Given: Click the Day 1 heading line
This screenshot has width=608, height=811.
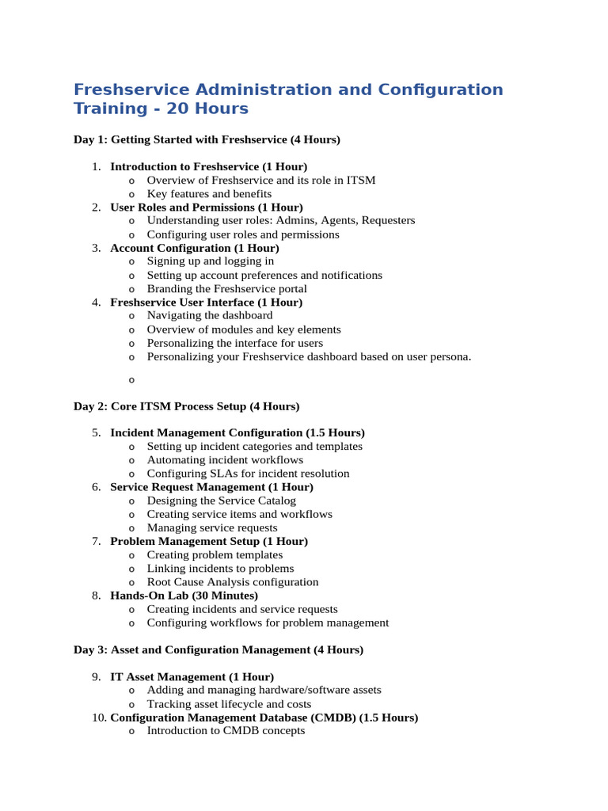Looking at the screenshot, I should point(207,140).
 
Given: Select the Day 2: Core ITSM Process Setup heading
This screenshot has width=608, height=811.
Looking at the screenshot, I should point(186,406).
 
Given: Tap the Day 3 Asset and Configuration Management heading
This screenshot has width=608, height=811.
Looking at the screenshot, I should point(218,649).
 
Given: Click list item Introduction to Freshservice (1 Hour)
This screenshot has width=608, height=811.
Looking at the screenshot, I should point(208,167).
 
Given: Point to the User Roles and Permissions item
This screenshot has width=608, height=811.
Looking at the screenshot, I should point(206,208).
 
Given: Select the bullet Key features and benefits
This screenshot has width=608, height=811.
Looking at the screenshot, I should point(209,194).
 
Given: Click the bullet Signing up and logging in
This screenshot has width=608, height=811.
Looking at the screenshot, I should point(211,261).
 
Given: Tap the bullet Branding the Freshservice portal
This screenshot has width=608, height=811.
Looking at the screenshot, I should point(226,289).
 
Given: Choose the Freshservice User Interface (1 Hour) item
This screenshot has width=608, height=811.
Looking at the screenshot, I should point(206,303).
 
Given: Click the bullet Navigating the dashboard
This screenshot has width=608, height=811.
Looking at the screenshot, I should point(210,315).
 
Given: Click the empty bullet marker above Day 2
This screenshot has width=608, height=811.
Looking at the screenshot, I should point(131,380).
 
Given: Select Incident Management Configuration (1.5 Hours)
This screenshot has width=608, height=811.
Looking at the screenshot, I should point(237,433).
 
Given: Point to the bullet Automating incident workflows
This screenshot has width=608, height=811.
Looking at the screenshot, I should point(225,460).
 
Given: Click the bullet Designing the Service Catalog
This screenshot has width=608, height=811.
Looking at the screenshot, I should point(223,501).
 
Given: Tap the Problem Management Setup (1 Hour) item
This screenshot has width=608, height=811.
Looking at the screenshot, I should point(209,541).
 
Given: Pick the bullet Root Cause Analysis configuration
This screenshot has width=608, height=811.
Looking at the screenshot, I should point(233,582).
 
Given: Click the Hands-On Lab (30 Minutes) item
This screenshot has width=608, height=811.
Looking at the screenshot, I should point(184,596).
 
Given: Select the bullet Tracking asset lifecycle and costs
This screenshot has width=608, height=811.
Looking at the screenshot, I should point(229,704).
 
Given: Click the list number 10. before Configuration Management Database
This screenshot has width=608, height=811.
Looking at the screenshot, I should point(99,718).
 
